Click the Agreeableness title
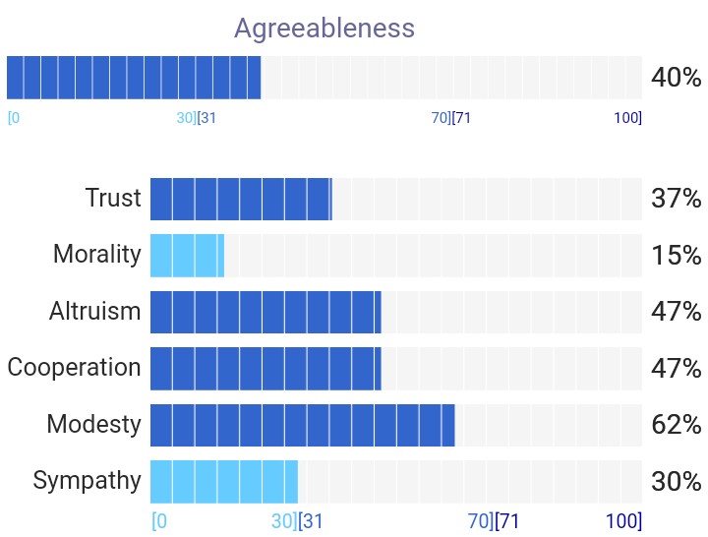324,29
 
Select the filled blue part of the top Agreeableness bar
134,78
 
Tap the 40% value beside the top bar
676,78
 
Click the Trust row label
113,198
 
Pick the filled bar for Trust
241,200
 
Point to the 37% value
676,199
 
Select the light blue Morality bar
187,255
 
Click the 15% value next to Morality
676,255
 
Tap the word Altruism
94,311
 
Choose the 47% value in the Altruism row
676,312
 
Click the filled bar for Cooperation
265,369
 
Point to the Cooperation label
74,367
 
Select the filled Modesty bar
303,425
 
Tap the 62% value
676,425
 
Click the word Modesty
94,425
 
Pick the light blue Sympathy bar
224,482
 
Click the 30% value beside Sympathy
676,482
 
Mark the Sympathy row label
87,481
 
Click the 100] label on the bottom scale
623,521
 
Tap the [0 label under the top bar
14,118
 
